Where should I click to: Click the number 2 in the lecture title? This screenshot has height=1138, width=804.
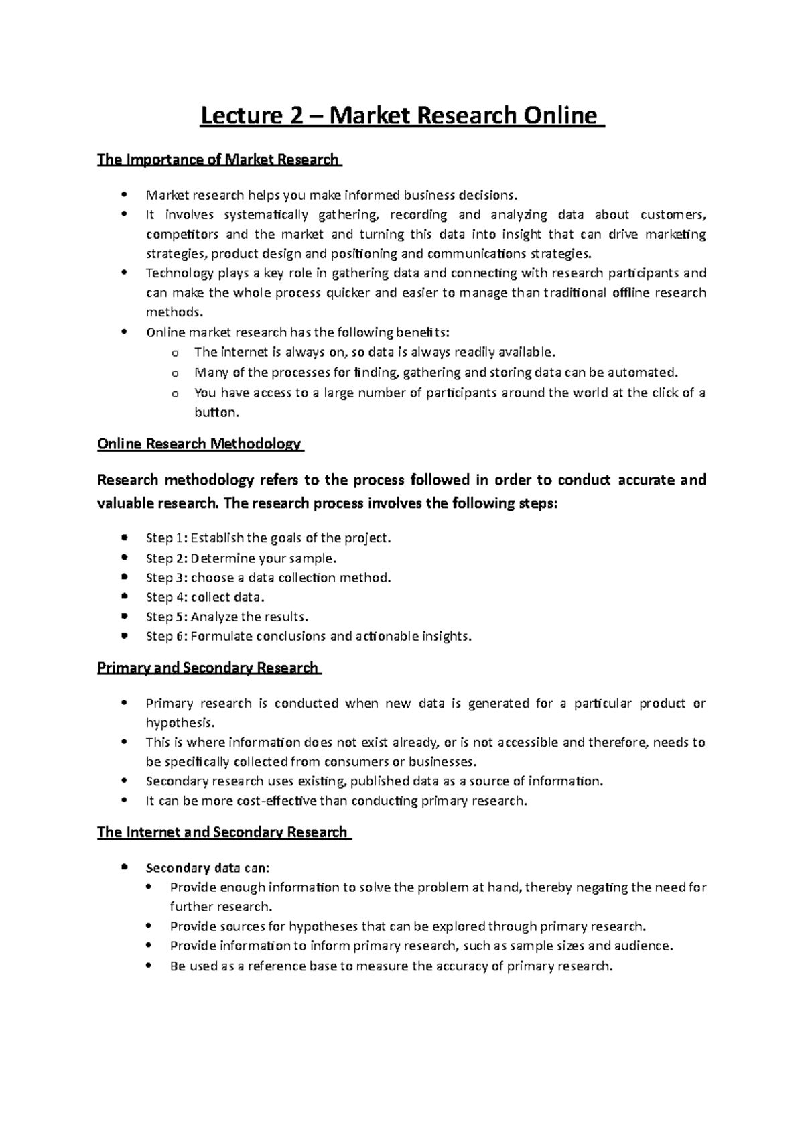tap(294, 116)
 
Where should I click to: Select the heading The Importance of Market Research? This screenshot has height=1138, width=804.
tap(218, 160)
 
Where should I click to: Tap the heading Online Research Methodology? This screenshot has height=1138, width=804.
tap(199, 444)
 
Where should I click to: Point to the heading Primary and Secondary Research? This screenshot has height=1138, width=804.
tap(208, 668)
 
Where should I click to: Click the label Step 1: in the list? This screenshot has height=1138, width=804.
tap(167, 538)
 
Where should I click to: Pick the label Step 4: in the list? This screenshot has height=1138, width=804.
tap(167, 597)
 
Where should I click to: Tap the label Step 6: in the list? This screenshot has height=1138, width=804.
tap(167, 636)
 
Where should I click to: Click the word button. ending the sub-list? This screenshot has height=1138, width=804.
tap(216, 412)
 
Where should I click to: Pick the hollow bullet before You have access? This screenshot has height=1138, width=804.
tap(176, 393)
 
